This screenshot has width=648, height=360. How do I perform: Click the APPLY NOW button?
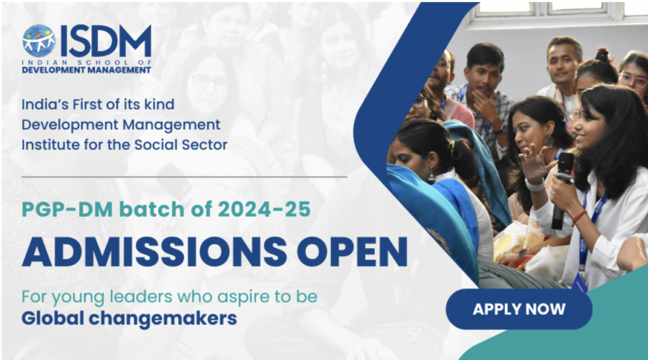pyautogui.click(x=519, y=309)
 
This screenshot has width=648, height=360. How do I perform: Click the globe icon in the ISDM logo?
pyautogui.click(x=39, y=41)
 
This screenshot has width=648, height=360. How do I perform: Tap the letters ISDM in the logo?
pyautogui.click(x=105, y=41)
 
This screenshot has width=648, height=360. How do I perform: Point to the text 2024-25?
pyautogui.click(x=266, y=208)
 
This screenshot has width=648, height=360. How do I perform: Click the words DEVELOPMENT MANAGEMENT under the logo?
pyautogui.click(x=87, y=70)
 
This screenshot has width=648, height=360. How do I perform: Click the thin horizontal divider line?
pyautogui.click(x=184, y=177)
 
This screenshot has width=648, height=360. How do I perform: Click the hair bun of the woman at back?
pyautogui.click(x=602, y=55)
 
